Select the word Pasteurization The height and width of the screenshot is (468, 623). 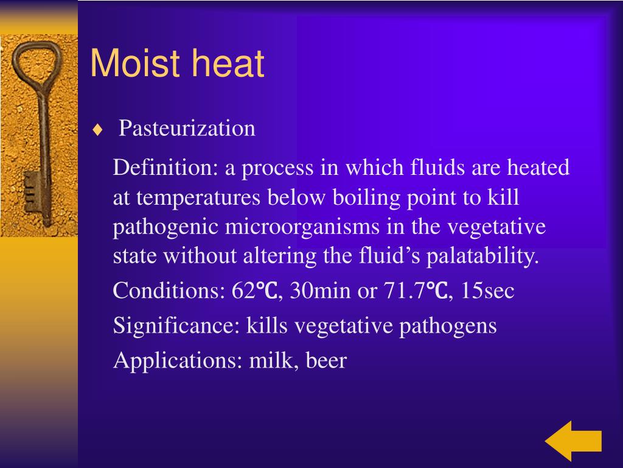pyautogui.click(x=187, y=129)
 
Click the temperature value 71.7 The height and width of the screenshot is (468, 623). pyautogui.click(x=404, y=291)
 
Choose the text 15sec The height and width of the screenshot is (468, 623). pyautogui.click(x=488, y=291)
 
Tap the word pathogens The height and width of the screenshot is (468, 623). pyautogui.click(x=448, y=327)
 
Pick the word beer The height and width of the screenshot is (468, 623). pyautogui.click(x=326, y=361)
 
